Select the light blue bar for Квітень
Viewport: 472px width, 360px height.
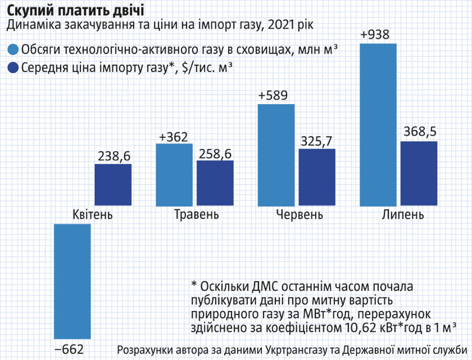tap(72, 281)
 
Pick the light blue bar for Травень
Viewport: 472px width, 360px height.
tap(174, 175)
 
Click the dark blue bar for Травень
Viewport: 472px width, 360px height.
tap(215, 184)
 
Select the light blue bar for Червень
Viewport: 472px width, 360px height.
tap(276, 156)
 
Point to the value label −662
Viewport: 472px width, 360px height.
tap(69, 349)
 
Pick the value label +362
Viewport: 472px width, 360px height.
tap(174, 137)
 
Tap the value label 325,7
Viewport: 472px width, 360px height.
tap(317, 141)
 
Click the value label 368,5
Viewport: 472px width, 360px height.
tap(419, 133)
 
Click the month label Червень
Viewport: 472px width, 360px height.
tap(300, 215)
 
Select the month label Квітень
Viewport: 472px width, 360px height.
tap(93, 215)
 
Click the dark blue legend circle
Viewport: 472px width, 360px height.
tap(12, 68)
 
